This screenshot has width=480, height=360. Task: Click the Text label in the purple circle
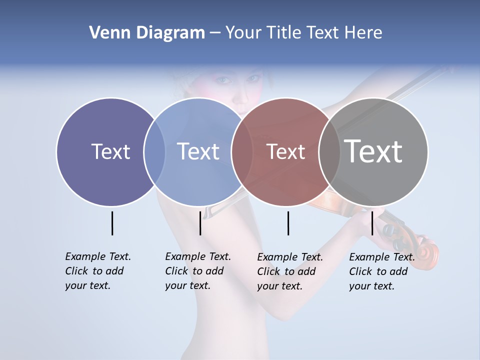click(110, 151)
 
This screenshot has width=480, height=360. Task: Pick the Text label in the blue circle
click(198, 151)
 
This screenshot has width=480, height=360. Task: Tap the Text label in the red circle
click(285, 151)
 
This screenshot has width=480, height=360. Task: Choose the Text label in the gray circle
click(373, 151)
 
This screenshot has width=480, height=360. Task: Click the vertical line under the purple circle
click(112, 223)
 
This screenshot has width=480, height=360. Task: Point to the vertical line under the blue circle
click(200, 223)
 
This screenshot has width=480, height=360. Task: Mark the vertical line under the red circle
click(288, 223)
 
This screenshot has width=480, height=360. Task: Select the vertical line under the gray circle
click(372, 223)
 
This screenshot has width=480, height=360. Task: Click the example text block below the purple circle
click(98, 271)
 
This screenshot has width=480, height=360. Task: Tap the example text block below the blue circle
click(198, 271)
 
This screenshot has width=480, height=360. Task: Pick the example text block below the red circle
click(290, 271)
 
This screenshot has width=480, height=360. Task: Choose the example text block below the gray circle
click(382, 271)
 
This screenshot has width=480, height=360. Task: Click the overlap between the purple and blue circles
click(154, 151)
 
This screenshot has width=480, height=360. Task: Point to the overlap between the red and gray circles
click(329, 151)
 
